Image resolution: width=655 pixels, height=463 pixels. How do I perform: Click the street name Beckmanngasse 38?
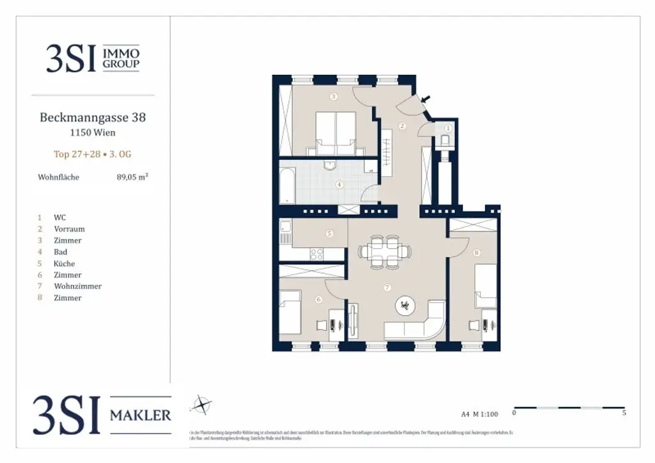(x=93, y=118)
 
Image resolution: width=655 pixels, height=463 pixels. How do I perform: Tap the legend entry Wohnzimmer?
(x=77, y=286)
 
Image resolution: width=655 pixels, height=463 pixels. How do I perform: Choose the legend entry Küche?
(x=64, y=263)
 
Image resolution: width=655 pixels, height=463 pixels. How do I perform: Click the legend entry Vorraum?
(x=69, y=229)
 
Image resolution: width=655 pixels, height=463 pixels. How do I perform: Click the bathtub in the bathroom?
(x=287, y=185)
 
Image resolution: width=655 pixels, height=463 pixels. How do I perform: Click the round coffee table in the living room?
(x=404, y=306)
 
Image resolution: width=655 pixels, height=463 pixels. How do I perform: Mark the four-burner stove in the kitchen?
(x=319, y=254)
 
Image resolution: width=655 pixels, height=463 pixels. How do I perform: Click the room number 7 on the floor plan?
(x=387, y=288)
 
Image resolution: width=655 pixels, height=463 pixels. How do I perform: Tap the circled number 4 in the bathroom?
(x=340, y=185)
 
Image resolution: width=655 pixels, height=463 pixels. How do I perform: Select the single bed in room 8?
(x=485, y=286)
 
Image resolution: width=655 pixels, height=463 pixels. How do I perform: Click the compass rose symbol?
(x=202, y=404)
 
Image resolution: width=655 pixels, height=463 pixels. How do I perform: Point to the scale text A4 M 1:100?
(x=479, y=414)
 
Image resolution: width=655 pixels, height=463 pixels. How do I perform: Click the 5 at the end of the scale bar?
(x=624, y=414)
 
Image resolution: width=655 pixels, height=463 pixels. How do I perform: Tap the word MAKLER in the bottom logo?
(x=141, y=415)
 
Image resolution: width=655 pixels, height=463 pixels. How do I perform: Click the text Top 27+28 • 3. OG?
(x=93, y=154)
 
